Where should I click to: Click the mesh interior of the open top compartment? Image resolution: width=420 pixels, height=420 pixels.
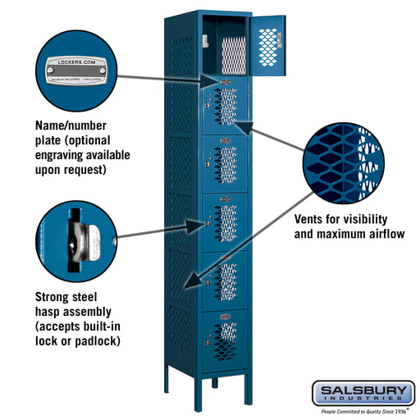[x=233, y=52]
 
